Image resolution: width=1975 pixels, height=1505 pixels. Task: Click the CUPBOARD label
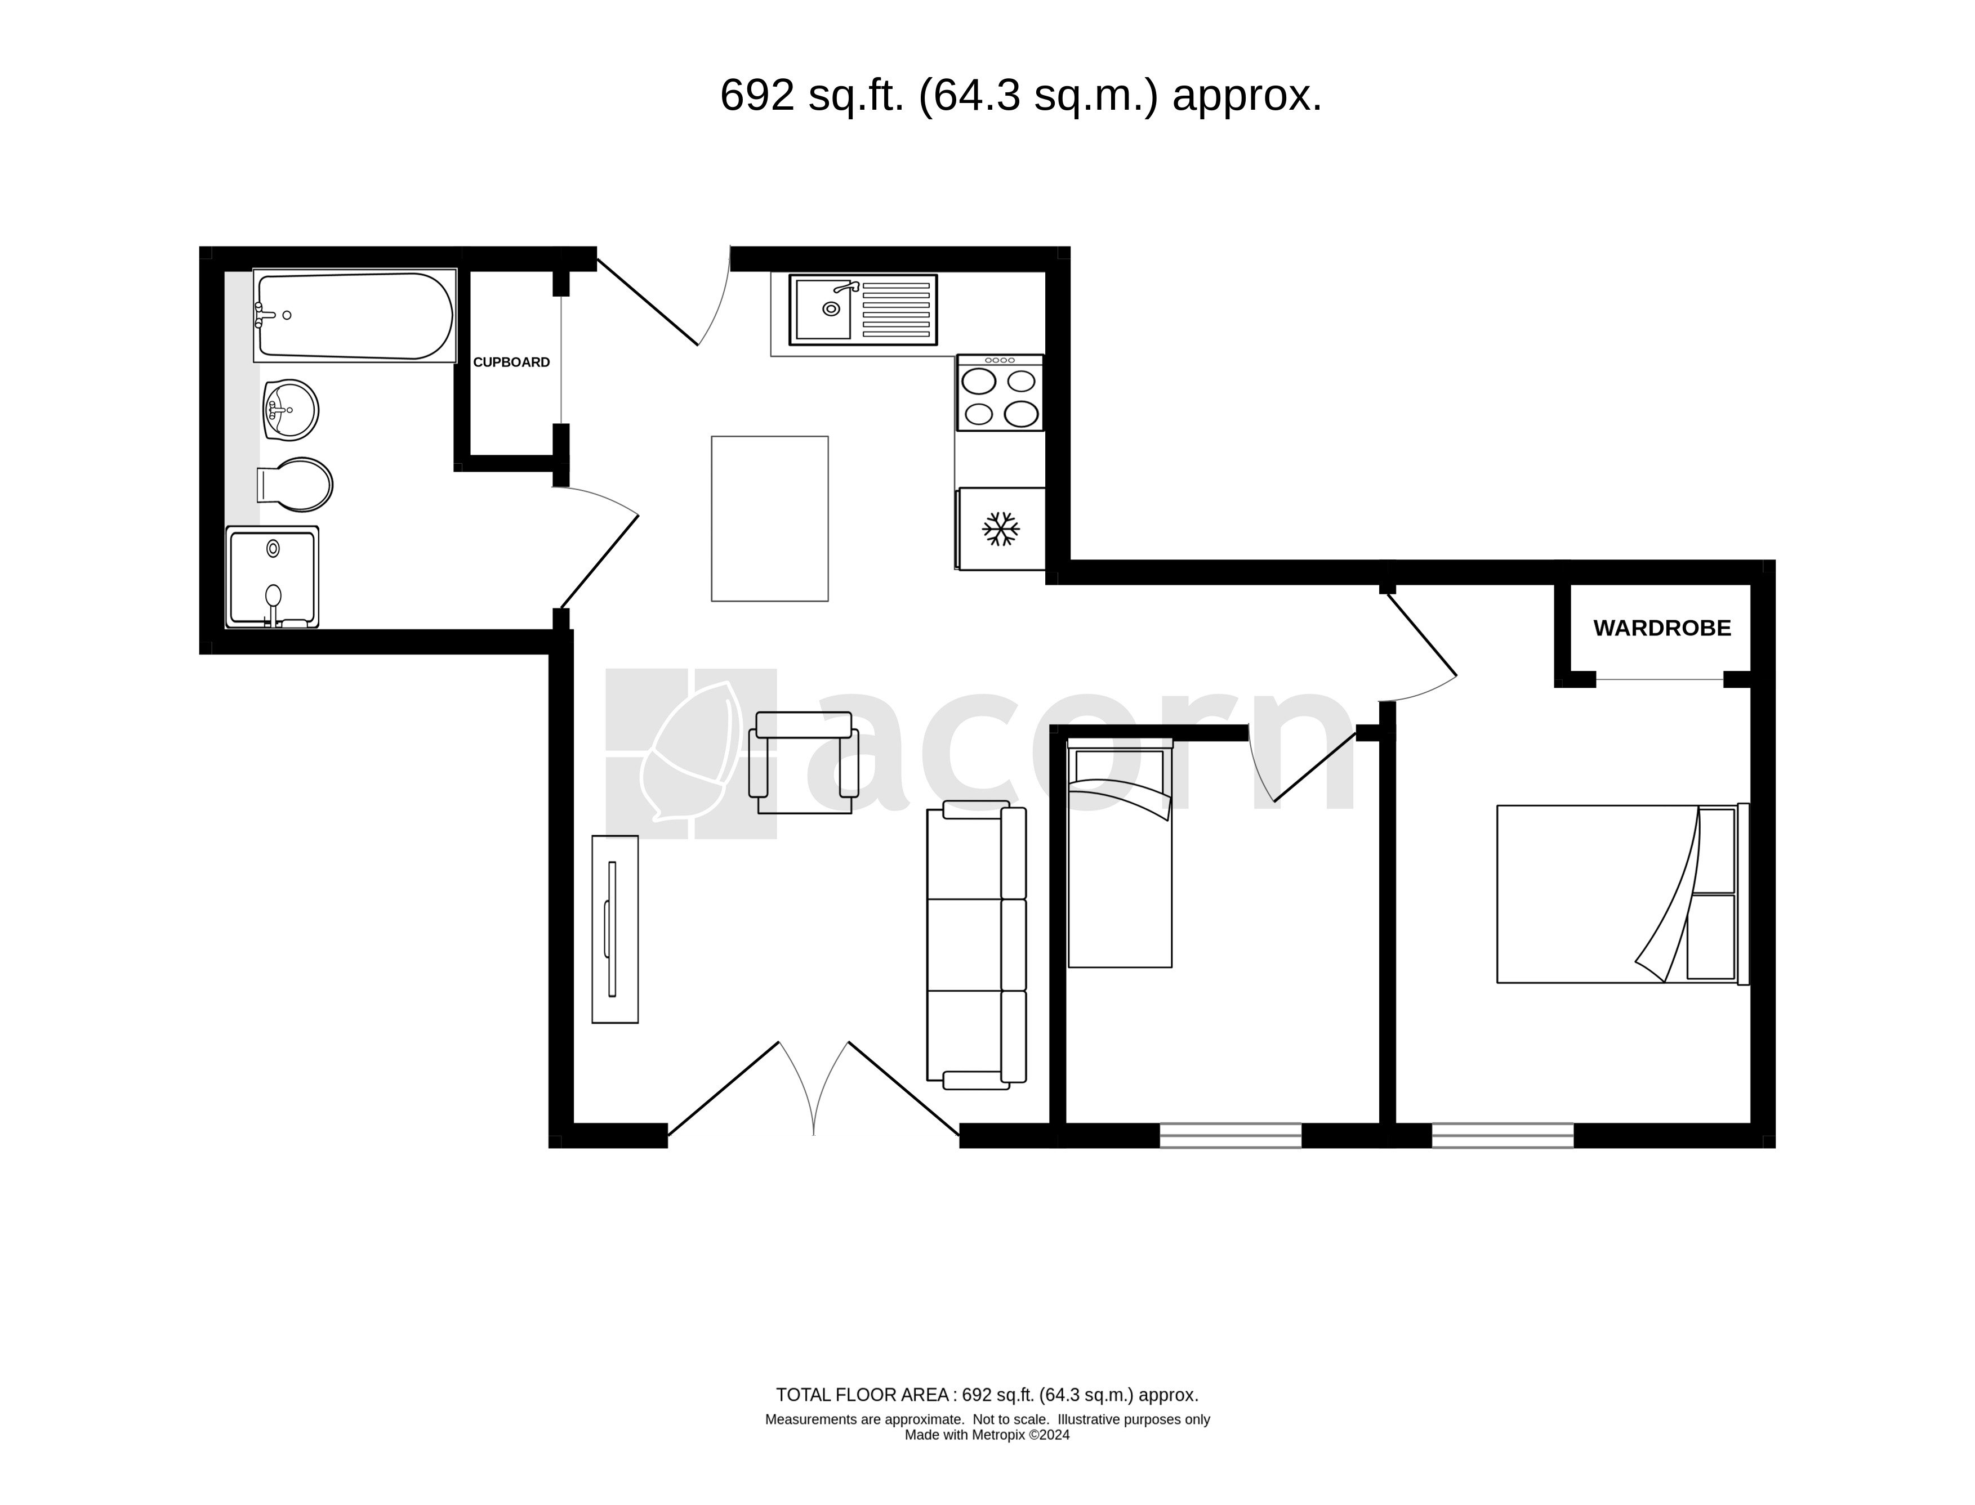click(511, 362)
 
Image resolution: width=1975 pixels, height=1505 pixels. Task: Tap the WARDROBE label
click(1661, 628)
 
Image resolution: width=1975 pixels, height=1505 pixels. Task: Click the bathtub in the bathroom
click(355, 315)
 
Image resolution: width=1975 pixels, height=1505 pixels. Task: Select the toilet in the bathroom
click(295, 485)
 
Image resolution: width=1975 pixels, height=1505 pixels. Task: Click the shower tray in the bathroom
click(273, 576)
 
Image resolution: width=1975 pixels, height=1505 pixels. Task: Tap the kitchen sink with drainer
click(862, 310)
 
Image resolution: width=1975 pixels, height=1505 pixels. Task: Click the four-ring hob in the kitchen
click(999, 392)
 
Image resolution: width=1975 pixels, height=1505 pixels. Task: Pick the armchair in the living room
click(804, 763)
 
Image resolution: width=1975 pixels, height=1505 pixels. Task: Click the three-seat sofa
click(976, 945)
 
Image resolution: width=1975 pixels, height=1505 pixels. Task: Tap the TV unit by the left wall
click(615, 929)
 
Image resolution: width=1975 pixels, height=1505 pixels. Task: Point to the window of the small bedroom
click(1231, 1135)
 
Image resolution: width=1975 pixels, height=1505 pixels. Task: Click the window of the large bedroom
click(1503, 1135)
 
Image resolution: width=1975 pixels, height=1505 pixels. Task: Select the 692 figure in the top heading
click(757, 96)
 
